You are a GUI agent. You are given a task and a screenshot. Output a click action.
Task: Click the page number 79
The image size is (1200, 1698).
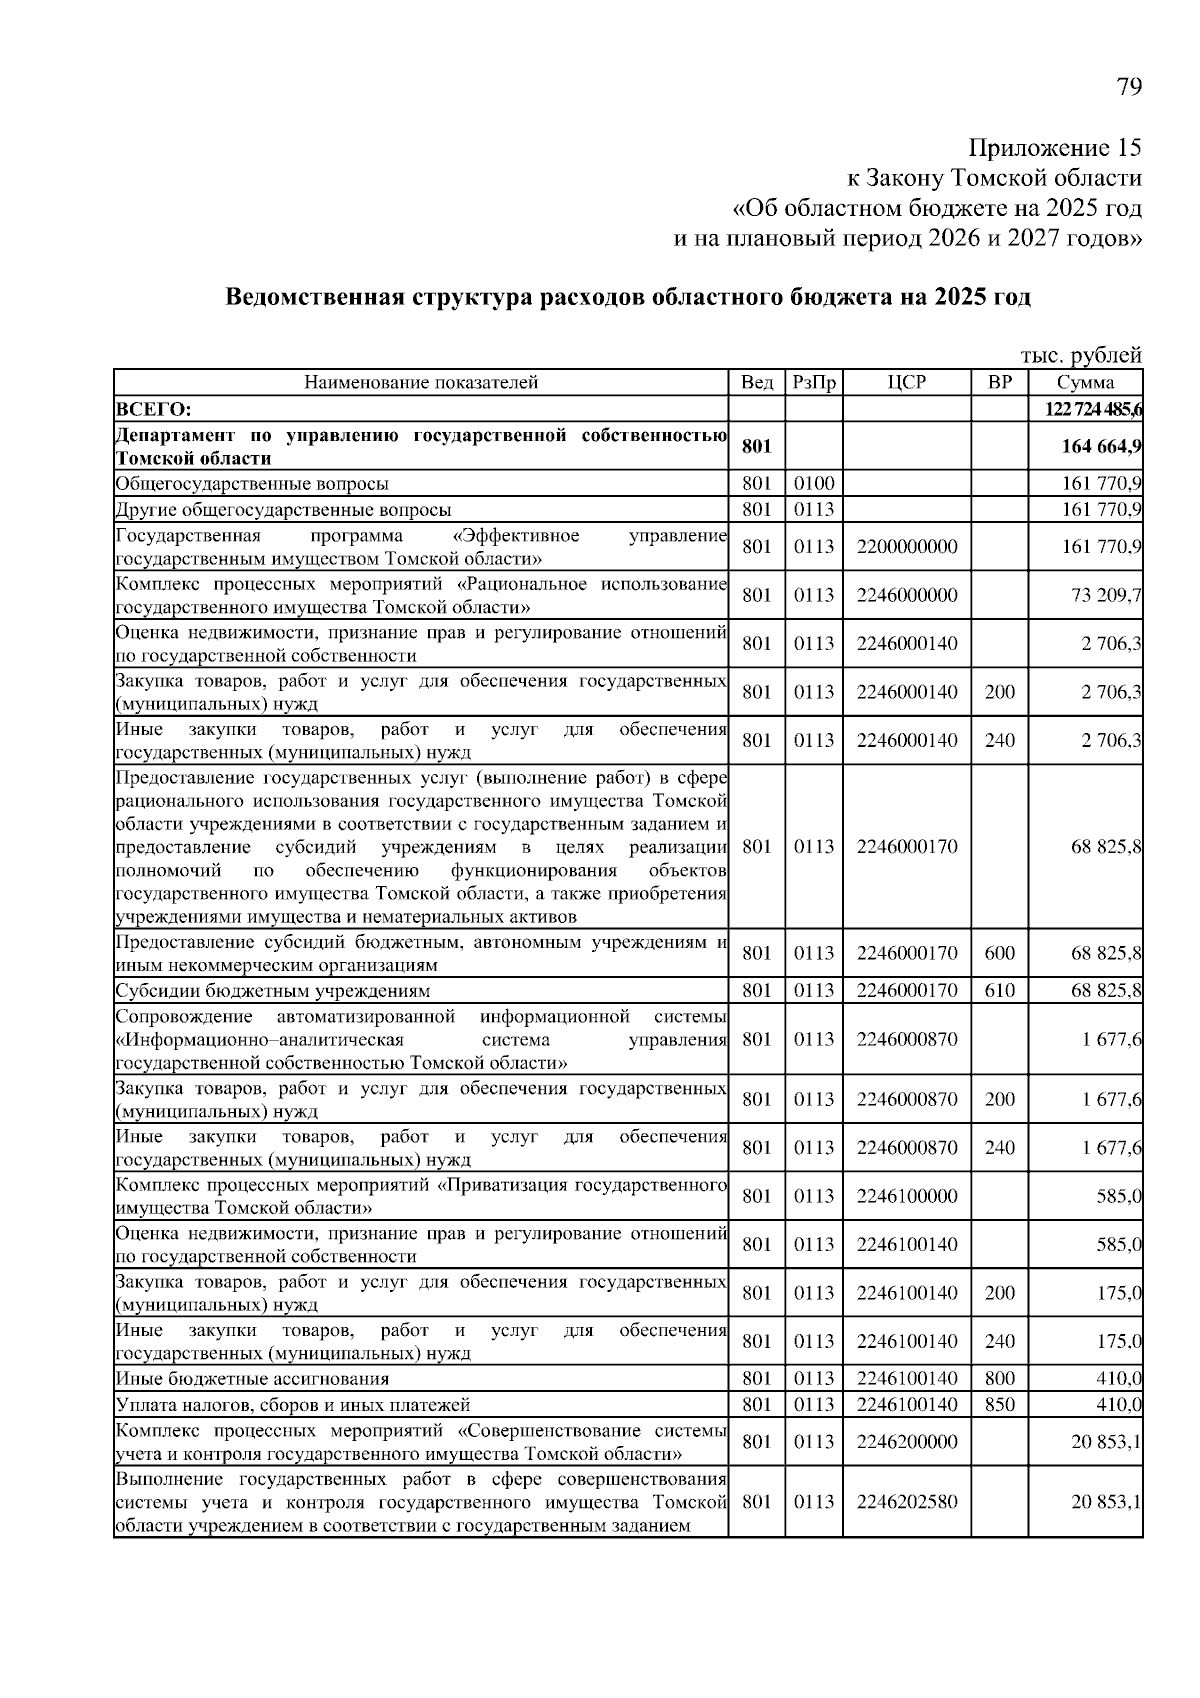pyautogui.click(x=1128, y=87)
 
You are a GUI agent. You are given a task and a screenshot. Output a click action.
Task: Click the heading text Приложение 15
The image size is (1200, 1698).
pyautogui.click(x=1055, y=148)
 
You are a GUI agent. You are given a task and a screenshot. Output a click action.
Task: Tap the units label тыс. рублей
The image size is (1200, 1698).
pyautogui.click(x=1080, y=355)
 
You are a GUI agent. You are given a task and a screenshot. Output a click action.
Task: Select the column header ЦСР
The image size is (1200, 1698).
pyautogui.click(x=906, y=383)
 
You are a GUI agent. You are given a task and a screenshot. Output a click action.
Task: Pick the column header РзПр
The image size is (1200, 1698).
pyautogui.click(x=813, y=383)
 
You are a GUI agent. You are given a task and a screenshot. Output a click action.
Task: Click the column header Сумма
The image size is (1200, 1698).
pyautogui.click(x=1085, y=383)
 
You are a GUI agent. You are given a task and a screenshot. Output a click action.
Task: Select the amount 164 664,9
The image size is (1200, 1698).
pyautogui.click(x=1101, y=447)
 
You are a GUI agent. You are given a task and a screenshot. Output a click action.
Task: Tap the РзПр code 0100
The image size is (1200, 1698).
pyautogui.click(x=813, y=484)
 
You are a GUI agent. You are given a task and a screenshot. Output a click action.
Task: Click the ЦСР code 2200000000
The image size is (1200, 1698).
pyautogui.click(x=906, y=547)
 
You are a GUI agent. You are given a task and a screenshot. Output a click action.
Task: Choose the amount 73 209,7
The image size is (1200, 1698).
pyautogui.click(x=1106, y=595)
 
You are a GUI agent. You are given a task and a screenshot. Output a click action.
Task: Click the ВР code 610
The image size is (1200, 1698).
pyautogui.click(x=999, y=991)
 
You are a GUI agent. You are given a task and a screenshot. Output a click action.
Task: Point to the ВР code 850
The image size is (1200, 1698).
pyautogui.click(x=999, y=1404)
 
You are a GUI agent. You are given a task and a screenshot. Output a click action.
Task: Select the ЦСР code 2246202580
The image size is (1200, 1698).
pyautogui.click(x=906, y=1502)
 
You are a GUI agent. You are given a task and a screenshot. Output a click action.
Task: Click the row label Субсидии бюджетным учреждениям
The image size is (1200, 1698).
pyautogui.click(x=273, y=991)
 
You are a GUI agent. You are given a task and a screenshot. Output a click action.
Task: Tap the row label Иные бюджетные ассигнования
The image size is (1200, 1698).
pyautogui.click(x=252, y=1379)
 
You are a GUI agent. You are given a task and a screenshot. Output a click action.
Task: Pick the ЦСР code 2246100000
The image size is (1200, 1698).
pyautogui.click(x=906, y=1196)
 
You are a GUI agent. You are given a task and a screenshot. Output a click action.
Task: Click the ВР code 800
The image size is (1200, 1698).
pyautogui.click(x=999, y=1379)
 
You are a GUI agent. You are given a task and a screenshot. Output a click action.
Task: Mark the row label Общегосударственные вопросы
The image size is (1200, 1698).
pyautogui.click(x=252, y=484)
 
